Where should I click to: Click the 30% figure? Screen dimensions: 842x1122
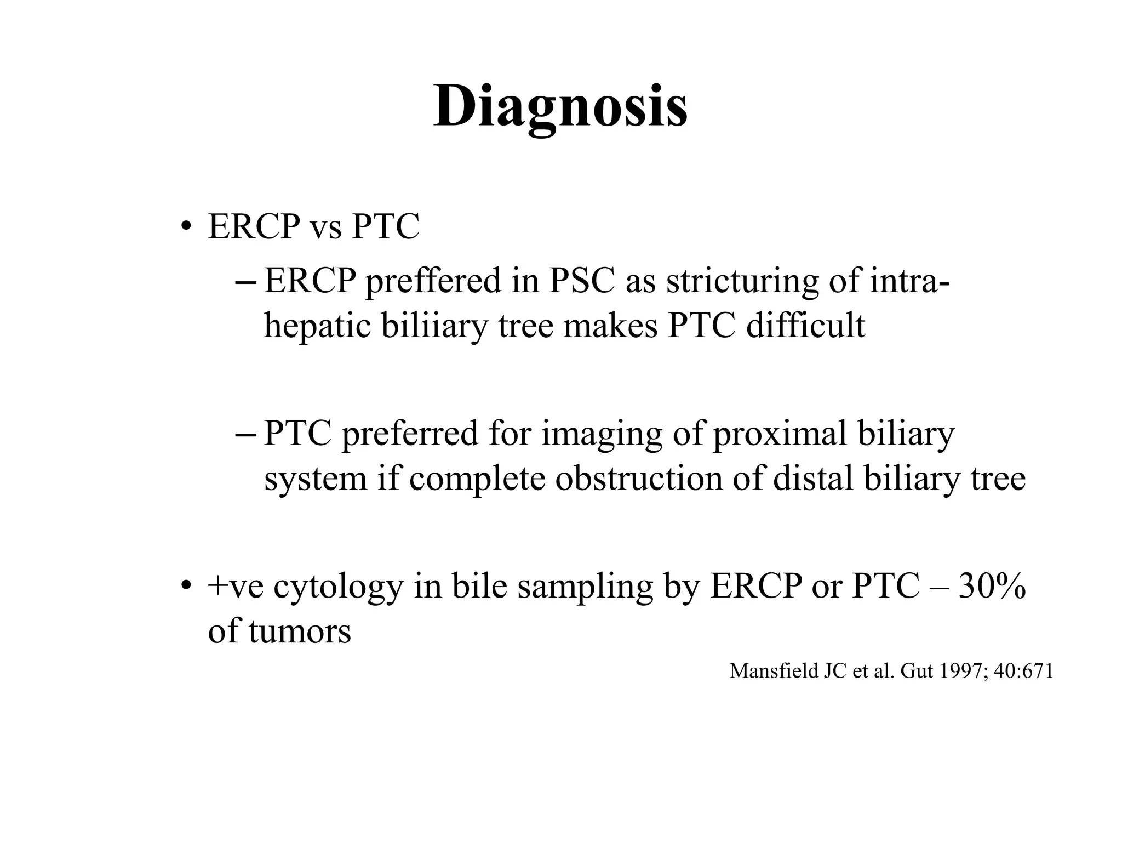(992, 587)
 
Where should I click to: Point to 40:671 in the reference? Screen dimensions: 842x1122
(1023, 671)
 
